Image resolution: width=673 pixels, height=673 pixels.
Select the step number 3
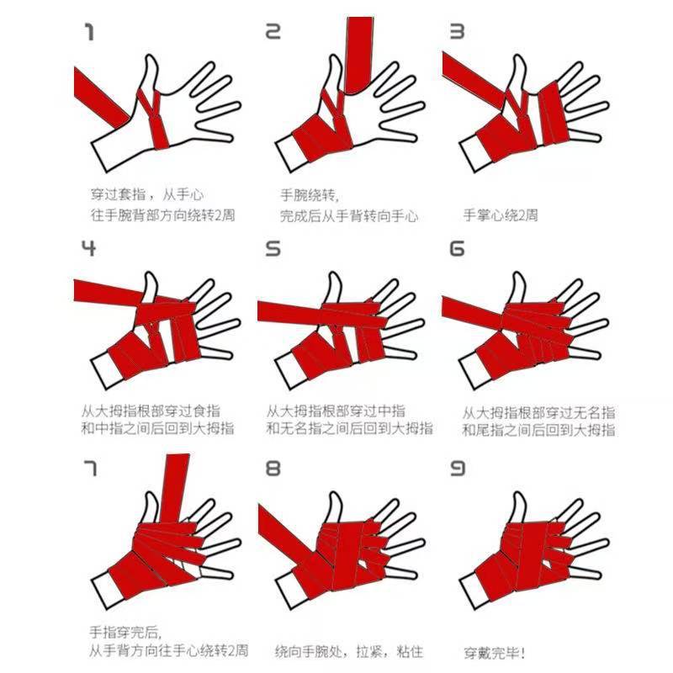point(458,33)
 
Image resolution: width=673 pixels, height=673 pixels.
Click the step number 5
point(273,248)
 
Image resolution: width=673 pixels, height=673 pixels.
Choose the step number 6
point(458,248)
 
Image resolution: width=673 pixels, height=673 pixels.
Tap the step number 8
point(273,467)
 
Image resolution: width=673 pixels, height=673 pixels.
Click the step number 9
point(458,467)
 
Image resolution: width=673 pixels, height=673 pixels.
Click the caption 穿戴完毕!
point(495,652)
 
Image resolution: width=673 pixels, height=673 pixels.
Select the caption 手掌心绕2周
point(501,215)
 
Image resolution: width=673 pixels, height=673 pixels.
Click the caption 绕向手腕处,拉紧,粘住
point(349,652)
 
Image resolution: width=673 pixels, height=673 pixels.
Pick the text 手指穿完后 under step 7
point(125,632)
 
